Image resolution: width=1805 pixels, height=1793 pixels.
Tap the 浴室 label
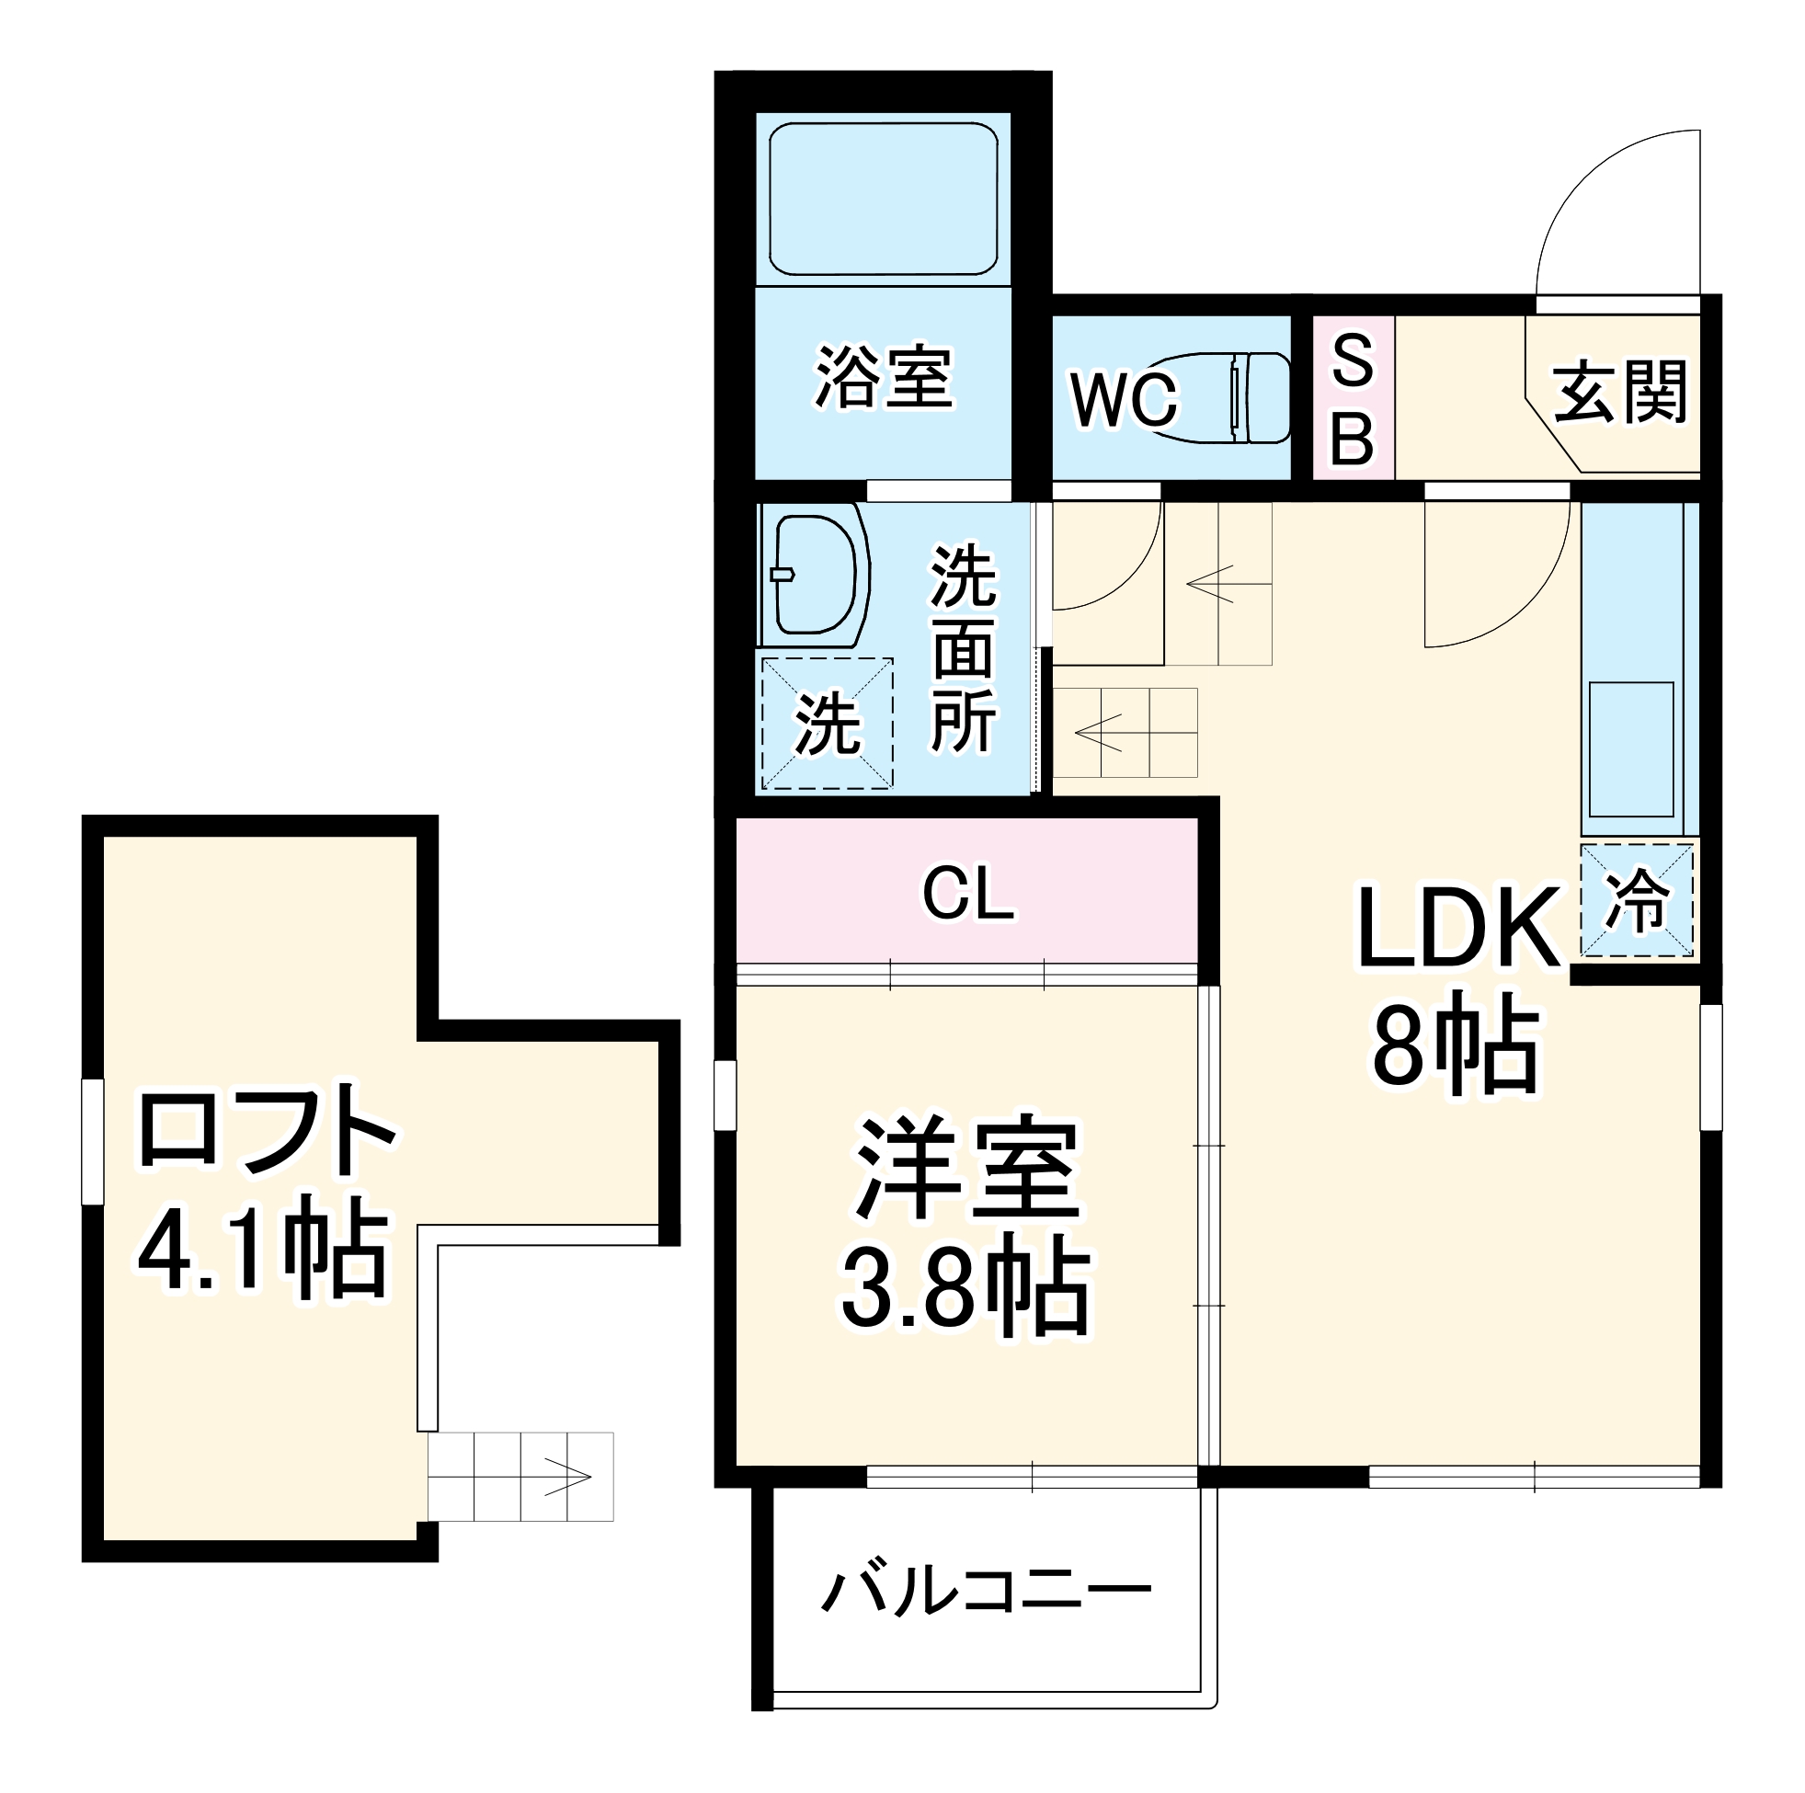tap(884, 379)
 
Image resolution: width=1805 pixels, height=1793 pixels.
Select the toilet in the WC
tap(1225, 398)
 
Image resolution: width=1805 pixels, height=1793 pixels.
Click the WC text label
tap(1124, 401)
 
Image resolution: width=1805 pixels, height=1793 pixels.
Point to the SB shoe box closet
tap(1353, 399)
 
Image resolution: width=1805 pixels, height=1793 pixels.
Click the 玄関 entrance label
tap(1620, 394)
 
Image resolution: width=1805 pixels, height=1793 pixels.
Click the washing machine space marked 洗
tap(827, 725)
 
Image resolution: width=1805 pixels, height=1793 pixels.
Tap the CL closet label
tap(967, 894)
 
